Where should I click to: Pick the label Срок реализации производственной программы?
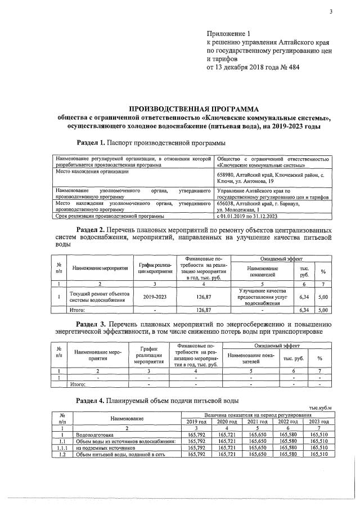110,216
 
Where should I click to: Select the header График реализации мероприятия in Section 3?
148,356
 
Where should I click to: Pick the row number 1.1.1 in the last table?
63,449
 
